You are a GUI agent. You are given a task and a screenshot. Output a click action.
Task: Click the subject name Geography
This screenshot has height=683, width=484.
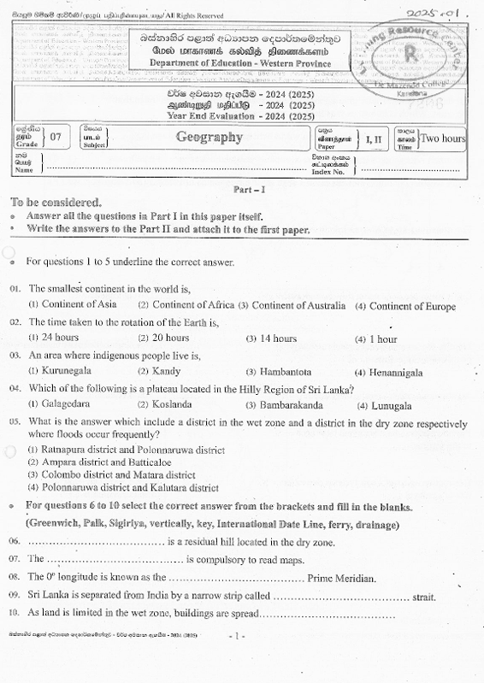click(209, 137)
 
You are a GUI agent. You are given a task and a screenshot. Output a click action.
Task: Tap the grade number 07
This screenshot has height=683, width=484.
click(56, 137)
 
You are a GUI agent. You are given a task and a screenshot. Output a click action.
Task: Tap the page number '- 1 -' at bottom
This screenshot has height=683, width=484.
click(239, 636)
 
